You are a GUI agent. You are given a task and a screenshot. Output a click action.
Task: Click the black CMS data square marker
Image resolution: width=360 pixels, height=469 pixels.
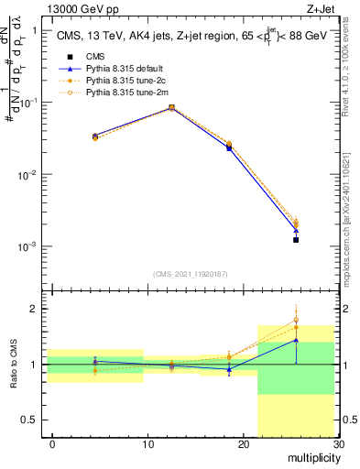pyautogui.click(x=296, y=240)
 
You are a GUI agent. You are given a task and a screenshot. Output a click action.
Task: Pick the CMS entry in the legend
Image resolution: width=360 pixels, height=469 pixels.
pyautogui.click(x=82, y=57)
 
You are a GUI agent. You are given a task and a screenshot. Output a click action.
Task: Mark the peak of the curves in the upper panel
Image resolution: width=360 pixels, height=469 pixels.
pyautogui.click(x=172, y=107)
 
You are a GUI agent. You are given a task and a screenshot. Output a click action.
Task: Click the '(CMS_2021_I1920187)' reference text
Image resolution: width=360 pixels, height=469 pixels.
pyautogui.click(x=191, y=274)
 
